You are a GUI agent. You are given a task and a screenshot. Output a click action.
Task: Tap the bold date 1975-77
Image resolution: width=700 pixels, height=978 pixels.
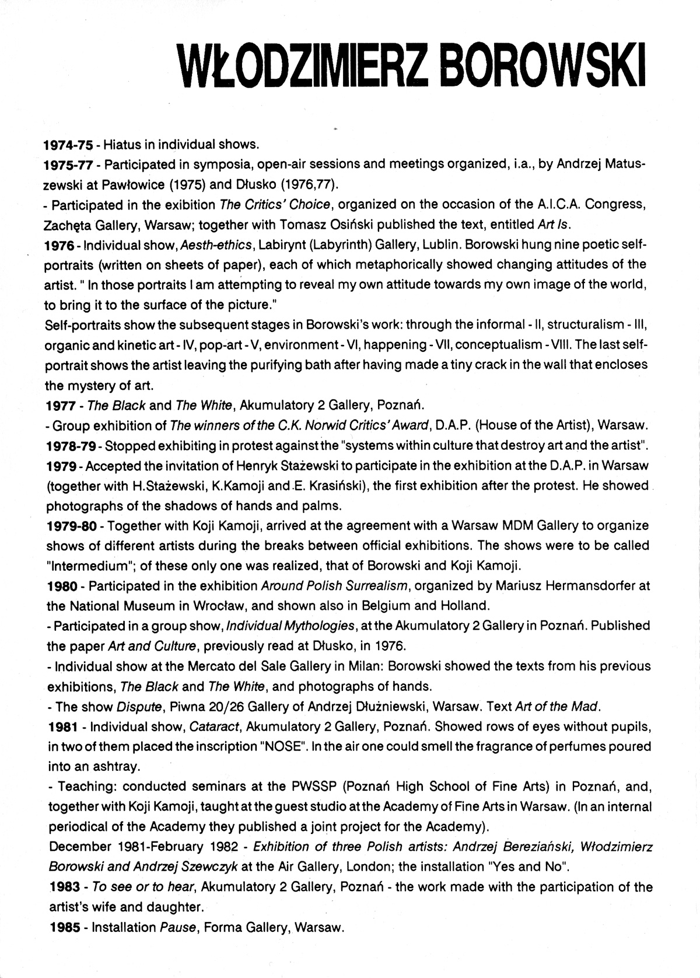pos(69,165)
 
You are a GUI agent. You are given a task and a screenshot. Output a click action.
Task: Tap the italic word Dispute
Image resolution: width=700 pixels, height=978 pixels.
pos(139,707)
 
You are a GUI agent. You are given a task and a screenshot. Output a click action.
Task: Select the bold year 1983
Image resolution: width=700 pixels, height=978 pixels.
pos(64,887)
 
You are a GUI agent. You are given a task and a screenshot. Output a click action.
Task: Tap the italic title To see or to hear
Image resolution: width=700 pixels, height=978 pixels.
pos(142,887)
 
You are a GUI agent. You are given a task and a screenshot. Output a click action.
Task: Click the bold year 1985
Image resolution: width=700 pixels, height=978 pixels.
pos(64,927)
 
